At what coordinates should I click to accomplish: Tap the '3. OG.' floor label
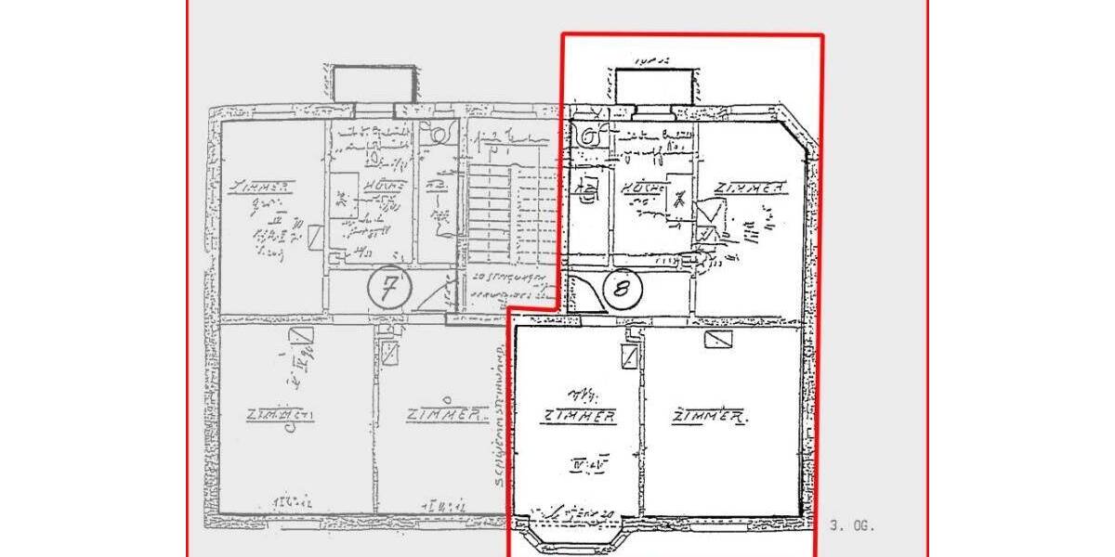[851, 525]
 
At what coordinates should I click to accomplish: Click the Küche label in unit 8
[643, 188]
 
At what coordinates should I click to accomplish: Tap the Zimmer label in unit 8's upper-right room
[750, 188]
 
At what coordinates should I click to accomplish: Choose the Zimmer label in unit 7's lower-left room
[280, 415]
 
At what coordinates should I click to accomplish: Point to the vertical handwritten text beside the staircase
[499, 408]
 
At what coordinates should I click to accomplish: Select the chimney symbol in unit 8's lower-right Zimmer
[718, 340]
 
